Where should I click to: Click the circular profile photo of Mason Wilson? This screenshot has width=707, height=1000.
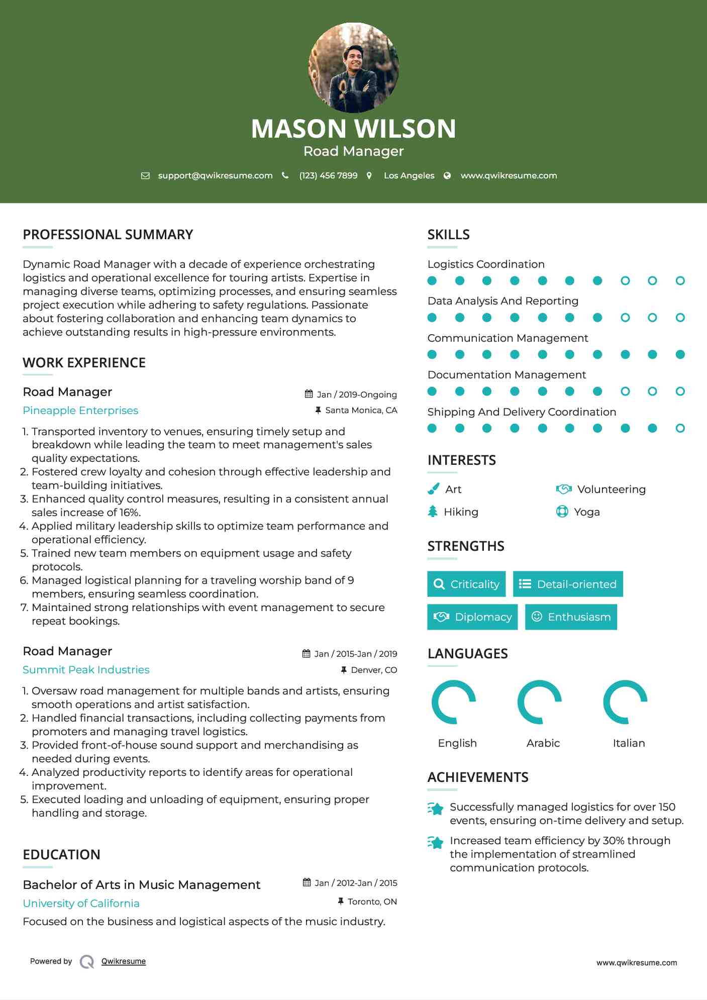353,67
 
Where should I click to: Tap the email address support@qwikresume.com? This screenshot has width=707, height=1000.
215,175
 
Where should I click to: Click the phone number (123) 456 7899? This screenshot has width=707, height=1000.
328,175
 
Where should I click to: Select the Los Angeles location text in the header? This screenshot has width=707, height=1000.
409,175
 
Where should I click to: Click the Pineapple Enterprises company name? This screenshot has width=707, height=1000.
80,411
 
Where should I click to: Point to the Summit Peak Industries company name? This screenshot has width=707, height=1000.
86,670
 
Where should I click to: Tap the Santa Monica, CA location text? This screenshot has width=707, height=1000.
361,411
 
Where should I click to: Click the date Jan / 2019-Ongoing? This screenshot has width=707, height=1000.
356,394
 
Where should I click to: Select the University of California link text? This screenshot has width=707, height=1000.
81,904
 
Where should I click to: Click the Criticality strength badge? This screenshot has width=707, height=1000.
466,584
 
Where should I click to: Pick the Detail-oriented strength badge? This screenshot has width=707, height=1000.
568,584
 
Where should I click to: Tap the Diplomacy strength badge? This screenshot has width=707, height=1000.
472,617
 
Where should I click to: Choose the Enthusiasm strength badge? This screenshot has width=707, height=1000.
571,617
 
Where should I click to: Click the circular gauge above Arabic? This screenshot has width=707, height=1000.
539,702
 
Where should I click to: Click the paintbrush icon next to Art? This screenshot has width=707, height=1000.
433,489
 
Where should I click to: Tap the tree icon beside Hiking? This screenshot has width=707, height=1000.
433,512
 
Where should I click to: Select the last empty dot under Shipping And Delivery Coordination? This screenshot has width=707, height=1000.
680,428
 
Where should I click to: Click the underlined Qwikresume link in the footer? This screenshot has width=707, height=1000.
124,961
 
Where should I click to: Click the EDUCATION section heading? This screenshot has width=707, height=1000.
61,855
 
